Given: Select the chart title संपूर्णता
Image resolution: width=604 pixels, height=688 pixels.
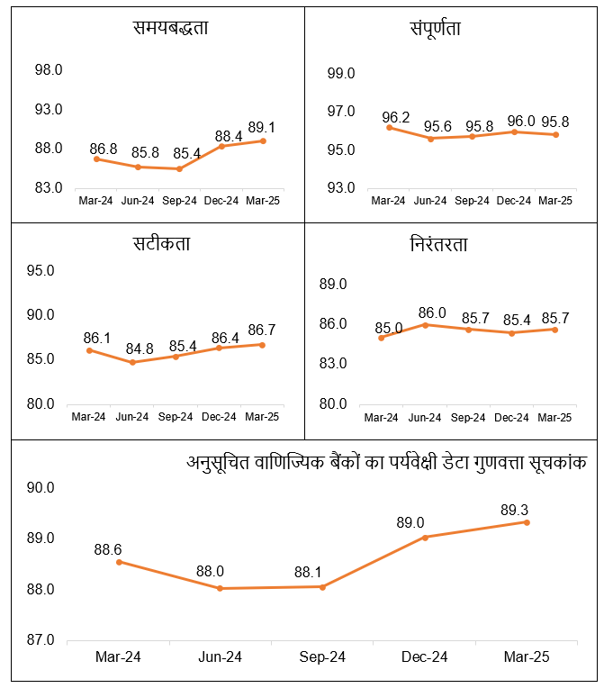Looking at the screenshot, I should click(435, 29).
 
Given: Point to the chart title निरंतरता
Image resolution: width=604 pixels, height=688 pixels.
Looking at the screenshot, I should click(438, 244).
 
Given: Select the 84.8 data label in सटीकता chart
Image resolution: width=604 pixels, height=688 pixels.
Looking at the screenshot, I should click(133, 348).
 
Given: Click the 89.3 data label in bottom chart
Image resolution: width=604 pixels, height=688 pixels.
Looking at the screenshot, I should click(526, 510).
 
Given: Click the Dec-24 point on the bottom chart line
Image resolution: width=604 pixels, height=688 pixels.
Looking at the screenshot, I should click(424, 537).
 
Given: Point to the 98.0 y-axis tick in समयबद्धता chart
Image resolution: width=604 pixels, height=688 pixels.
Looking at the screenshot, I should click(49, 70).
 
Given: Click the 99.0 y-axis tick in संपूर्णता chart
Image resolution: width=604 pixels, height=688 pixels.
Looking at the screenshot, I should click(340, 73).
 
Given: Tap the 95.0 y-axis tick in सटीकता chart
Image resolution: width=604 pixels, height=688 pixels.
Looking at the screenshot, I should click(41, 270).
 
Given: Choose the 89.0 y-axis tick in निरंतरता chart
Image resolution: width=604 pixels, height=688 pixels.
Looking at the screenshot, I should click(333, 285).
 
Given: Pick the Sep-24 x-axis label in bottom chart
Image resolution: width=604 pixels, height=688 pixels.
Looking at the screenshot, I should click(322, 657).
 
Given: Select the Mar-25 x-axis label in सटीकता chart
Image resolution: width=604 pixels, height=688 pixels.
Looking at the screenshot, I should click(262, 417).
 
